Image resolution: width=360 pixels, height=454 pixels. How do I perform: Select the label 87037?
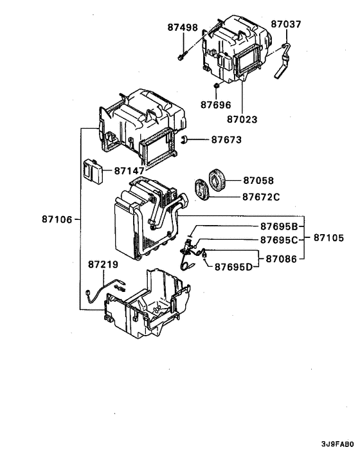pyautogui.click(x=285, y=24)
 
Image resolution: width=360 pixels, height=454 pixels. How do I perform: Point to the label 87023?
pyautogui.click(x=242, y=119)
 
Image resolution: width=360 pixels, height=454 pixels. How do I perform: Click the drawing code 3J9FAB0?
pyautogui.click(x=337, y=444)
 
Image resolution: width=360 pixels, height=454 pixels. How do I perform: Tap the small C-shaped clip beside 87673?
pyautogui.click(x=184, y=139)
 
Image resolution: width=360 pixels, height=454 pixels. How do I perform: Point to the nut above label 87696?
pyautogui.click(x=217, y=86)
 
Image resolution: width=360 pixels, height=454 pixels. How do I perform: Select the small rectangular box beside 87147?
pyautogui.click(x=93, y=170)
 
